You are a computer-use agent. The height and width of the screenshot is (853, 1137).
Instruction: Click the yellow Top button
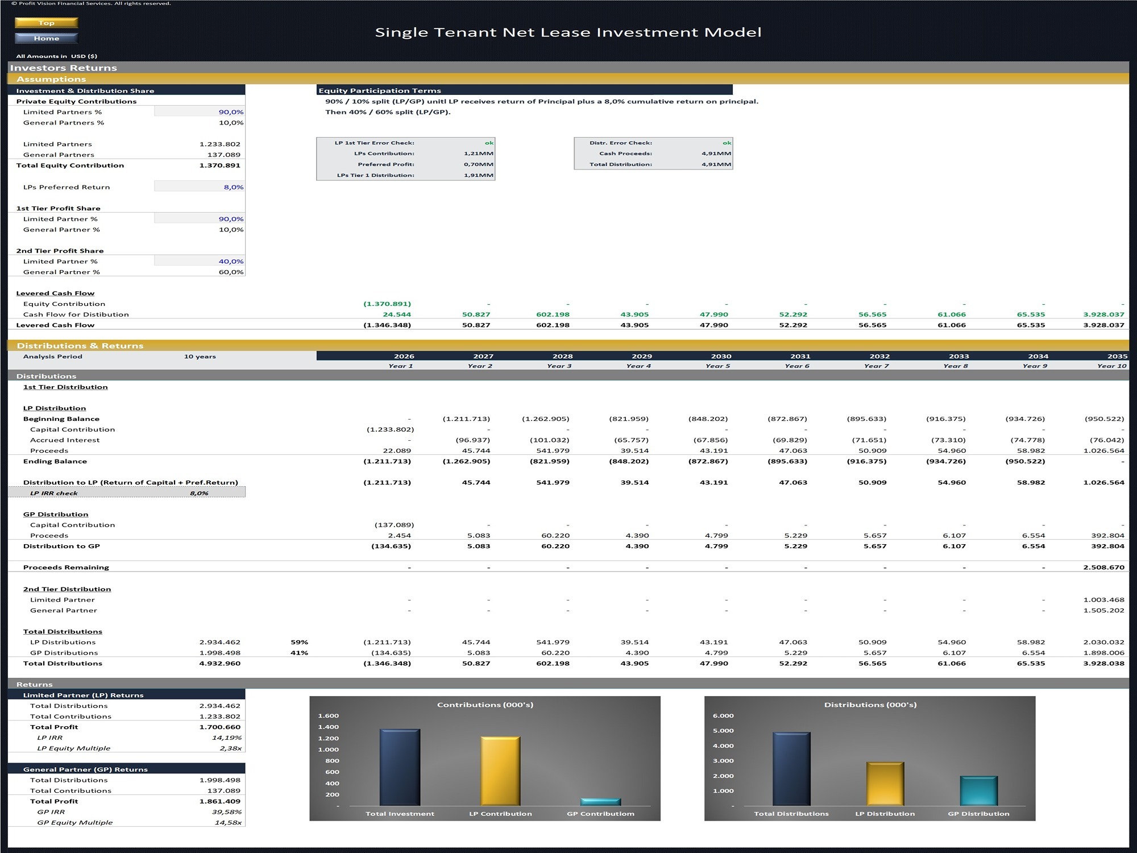pos(46,23)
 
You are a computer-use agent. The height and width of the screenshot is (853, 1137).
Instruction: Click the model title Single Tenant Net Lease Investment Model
pos(568,32)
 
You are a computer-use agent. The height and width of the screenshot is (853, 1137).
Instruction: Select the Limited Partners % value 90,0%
pos(231,112)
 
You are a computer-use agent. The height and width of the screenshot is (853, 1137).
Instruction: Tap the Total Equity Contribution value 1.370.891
pos(219,165)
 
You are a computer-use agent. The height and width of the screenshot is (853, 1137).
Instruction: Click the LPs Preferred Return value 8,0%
pos(233,187)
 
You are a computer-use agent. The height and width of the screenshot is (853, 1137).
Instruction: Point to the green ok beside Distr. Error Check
pos(727,143)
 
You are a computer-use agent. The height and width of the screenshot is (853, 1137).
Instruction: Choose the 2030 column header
pos(721,356)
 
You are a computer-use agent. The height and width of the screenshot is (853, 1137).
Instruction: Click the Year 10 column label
pos(1111,366)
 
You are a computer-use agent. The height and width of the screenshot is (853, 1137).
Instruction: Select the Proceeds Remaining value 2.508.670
pos(1103,568)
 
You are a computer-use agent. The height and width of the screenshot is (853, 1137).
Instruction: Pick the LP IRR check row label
pos(54,493)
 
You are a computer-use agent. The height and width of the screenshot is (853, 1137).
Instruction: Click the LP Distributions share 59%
pos(299,642)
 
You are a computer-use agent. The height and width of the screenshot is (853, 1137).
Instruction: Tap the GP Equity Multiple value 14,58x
pos(228,822)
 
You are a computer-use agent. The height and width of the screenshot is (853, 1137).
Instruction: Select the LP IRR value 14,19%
pos(226,738)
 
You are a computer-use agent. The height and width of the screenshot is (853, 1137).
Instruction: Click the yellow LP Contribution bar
pos(500,771)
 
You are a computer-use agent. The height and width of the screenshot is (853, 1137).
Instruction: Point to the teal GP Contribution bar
pos(600,802)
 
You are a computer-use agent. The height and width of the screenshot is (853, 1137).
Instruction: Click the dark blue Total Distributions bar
pos(791,769)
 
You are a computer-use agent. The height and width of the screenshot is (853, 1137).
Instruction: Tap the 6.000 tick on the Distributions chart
pos(723,715)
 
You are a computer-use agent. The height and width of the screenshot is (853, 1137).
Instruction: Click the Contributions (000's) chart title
pos(485,705)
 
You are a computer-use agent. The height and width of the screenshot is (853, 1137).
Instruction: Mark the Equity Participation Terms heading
pos(380,90)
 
